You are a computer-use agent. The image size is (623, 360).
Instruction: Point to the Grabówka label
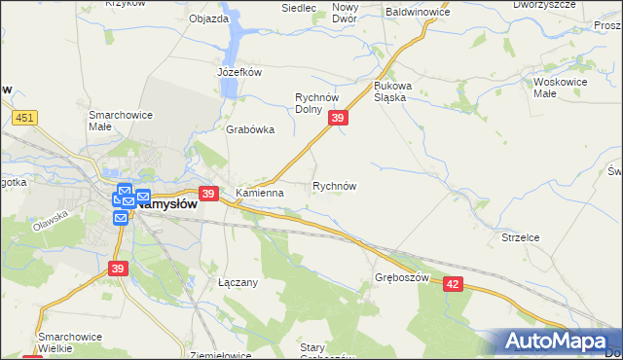tap(250, 129)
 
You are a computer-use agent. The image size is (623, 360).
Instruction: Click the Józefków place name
tap(240, 72)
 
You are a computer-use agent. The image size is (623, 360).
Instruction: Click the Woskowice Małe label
tap(558, 88)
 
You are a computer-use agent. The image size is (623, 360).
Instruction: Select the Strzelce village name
tap(520, 237)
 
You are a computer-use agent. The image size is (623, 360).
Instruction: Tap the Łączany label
tap(238, 282)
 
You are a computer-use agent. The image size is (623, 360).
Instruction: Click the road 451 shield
tap(25, 118)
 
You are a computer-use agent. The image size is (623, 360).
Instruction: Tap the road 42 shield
tap(453, 283)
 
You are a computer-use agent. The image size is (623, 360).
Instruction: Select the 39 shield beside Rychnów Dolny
tap(337, 118)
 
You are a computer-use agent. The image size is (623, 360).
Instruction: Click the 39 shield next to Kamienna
tap(207, 194)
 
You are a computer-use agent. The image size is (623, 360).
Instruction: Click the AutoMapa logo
tap(557, 342)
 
